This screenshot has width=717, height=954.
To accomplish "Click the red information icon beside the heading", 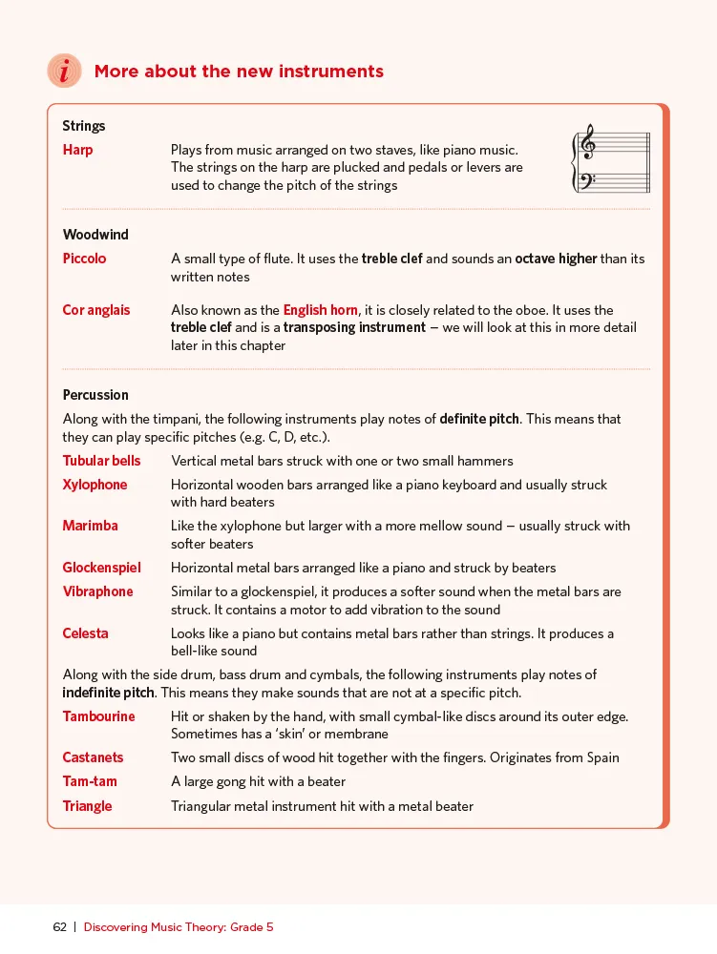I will click(x=65, y=72).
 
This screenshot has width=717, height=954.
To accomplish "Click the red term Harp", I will click(x=78, y=150).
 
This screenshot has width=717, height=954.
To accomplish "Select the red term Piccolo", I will click(x=85, y=259).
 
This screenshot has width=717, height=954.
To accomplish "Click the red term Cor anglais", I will click(x=96, y=310).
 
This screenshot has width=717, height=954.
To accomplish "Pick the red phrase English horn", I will click(x=320, y=310).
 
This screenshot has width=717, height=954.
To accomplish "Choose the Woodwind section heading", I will click(x=95, y=235).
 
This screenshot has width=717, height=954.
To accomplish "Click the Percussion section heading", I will click(x=95, y=395).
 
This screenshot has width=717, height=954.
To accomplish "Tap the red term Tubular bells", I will click(x=101, y=461).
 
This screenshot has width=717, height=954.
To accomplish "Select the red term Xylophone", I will click(x=95, y=485).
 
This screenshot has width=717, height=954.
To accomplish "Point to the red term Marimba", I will click(x=91, y=526).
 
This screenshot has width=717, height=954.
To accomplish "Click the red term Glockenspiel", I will click(x=101, y=568).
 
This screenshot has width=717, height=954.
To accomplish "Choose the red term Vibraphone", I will click(x=98, y=591).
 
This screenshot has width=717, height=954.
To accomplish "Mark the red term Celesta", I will click(x=86, y=633).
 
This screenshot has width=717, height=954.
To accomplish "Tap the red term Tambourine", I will click(x=99, y=716).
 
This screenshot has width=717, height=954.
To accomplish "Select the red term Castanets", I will click(x=94, y=757).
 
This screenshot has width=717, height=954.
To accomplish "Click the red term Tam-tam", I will click(x=90, y=781).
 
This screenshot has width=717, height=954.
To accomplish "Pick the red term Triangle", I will click(x=88, y=806).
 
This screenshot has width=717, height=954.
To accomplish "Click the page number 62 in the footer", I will click(x=60, y=927).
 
